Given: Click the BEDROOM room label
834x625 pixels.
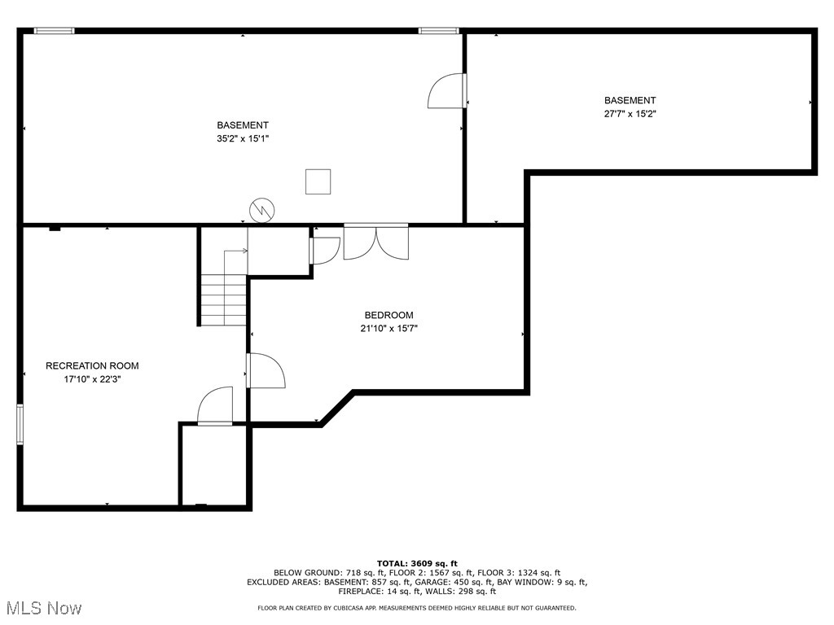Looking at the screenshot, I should (388, 315).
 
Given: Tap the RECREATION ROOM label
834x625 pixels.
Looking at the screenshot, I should (92, 365).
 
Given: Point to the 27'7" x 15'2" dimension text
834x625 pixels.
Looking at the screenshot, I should (630, 114).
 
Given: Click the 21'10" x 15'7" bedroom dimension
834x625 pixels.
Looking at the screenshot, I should (388, 329).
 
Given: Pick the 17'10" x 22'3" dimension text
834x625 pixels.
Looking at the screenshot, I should (92, 379).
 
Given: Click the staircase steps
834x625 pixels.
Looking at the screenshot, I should (224, 299).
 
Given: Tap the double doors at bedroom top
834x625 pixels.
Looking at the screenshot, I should (375, 242).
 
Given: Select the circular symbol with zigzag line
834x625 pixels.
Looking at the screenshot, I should (262, 210).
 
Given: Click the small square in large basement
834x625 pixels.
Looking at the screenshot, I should (318, 181).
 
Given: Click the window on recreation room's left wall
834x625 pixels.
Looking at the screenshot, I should (20, 424).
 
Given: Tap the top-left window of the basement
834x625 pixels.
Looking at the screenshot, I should (55, 31).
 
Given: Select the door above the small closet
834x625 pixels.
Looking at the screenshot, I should (216, 407).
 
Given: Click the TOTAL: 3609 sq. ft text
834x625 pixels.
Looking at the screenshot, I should (417, 563).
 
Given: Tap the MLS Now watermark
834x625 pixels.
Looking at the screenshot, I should (42, 608).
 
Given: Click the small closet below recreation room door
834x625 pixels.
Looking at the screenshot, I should (214, 465).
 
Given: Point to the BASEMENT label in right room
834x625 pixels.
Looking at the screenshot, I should (630, 101).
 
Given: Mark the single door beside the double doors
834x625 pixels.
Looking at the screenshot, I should (324, 250).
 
